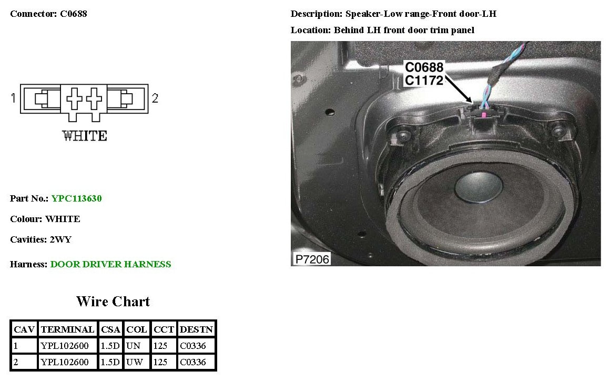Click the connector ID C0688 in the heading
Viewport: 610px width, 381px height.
click(x=70, y=14)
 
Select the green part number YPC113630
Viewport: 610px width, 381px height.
click(x=76, y=198)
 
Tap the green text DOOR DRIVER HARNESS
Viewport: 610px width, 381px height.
click(x=110, y=264)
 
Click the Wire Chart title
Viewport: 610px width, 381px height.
click(x=113, y=302)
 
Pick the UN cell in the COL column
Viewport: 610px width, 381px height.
click(x=136, y=346)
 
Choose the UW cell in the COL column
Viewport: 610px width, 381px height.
click(x=137, y=362)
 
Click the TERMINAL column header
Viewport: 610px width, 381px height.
click(x=67, y=329)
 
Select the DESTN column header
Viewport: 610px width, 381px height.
click(x=196, y=329)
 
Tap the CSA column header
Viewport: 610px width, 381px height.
click(x=110, y=329)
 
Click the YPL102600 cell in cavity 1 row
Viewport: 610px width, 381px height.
click(x=67, y=346)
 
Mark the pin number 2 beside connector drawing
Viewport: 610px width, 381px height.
click(x=155, y=98)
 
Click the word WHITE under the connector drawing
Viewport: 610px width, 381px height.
click(x=85, y=136)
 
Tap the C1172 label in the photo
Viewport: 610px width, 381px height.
click(x=424, y=80)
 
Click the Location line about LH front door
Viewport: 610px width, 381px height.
click(x=382, y=30)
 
